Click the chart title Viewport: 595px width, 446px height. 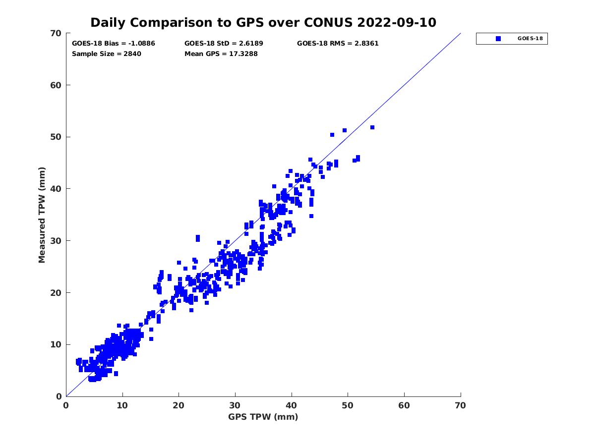(263, 22)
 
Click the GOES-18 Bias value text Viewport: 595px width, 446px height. (114, 44)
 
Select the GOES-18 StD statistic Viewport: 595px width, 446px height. (224, 44)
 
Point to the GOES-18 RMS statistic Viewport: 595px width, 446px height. (338, 44)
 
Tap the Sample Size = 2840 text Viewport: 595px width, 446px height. (107, 54)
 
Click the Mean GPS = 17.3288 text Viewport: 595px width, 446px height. (221, 54)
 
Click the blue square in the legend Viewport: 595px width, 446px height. (498, 39)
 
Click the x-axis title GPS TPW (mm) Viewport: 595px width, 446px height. (263, 417)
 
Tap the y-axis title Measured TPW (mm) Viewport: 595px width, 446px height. (42, 215)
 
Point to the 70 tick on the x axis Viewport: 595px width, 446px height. (461, 406)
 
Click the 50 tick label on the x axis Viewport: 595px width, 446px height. (348, 406)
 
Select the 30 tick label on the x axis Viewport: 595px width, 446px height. (235, 406)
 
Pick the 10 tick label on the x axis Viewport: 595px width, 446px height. (122, 406)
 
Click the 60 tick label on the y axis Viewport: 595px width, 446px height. (57, 85)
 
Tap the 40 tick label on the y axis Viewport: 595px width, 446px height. (57, 189)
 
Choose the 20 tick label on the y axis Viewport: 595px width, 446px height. (57, 293)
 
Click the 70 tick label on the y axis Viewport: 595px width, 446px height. (57, 33)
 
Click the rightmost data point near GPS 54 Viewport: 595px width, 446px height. (372, 127)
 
